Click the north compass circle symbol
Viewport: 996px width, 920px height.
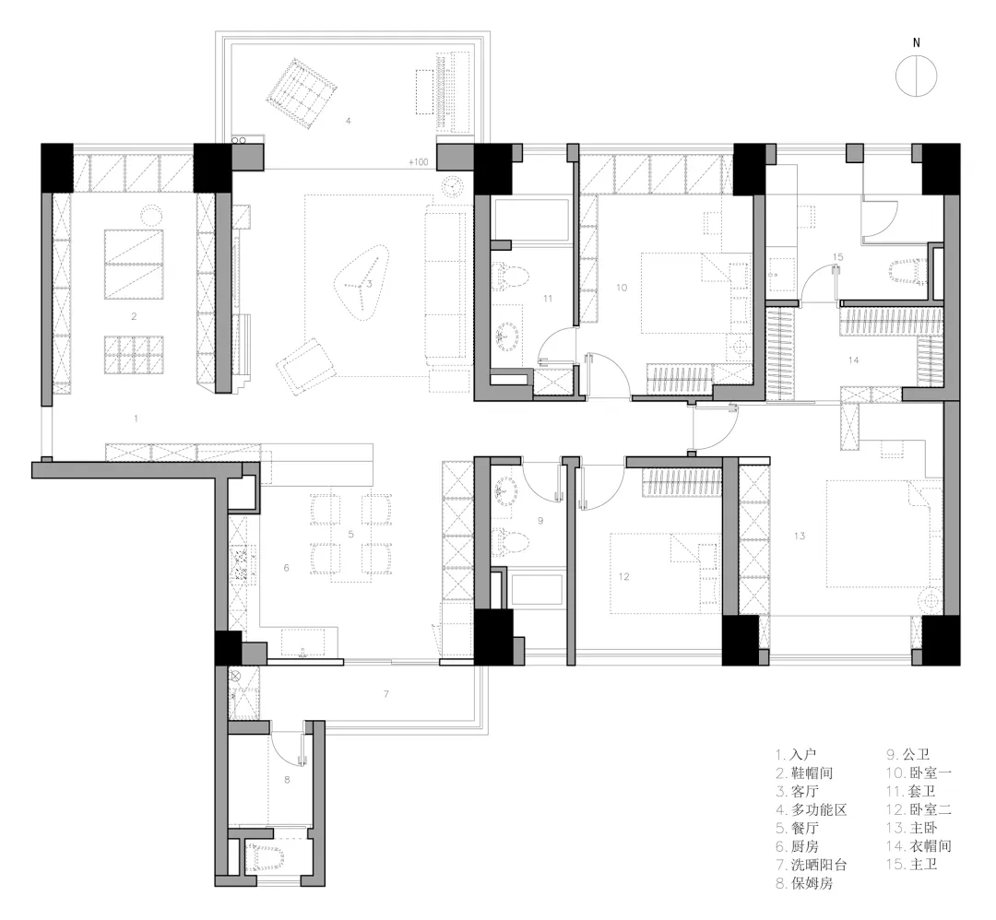pyautogui.click(x=916, y=76)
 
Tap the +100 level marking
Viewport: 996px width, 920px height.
pyautogui.click(x=419, y=162)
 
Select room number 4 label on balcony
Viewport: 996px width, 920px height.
pyautogui.click(x=348, y=121)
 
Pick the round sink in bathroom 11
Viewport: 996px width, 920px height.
pyautogui.click(x=507, y=334)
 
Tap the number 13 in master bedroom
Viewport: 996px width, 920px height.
pyautogui.click(x=799, y=536)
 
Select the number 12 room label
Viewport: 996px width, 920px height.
pyautogui.click(x=623, y=576)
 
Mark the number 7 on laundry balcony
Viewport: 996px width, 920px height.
pyautogui.click(x=386, y=694)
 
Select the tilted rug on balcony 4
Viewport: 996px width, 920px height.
pyautogui.click(x=301, y=95)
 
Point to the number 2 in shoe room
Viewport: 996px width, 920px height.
pyautogui.click(x=134, y=316)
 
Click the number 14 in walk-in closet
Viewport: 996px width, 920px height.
pyautogui.click(x=854, y=360)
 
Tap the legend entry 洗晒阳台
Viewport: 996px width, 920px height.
pyautogui.click(x=819, y=865)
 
